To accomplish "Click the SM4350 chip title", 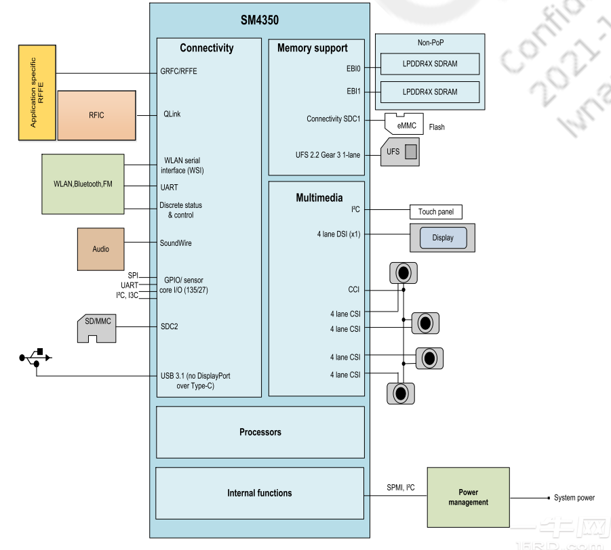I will [x=259, y=20].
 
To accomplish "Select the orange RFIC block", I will [x=97, y=115].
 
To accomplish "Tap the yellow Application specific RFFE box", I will [x=37, y=93].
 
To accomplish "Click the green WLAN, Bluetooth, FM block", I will [x=83, y=184].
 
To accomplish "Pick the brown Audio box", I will [x=100, y=249].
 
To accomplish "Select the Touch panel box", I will [x=435, y=212].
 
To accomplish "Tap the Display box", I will [x=442, y=238].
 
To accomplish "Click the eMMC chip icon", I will [x=406, y=124].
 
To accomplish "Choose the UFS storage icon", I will [x=400, y=152].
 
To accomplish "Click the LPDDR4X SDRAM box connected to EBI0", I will [x=429, y=64].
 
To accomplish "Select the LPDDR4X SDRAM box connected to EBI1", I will [x=429, y=92].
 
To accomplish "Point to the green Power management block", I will [x=468, y=498].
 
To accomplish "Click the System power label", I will [x=574, y=498].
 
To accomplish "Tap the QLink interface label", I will [x=172, y=114].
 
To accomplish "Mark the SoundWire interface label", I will [x=176, y=243].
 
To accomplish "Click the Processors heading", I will [x=260, y=432].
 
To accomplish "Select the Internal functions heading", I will [x=260, y=493].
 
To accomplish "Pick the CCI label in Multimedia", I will [x=354, y=290].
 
